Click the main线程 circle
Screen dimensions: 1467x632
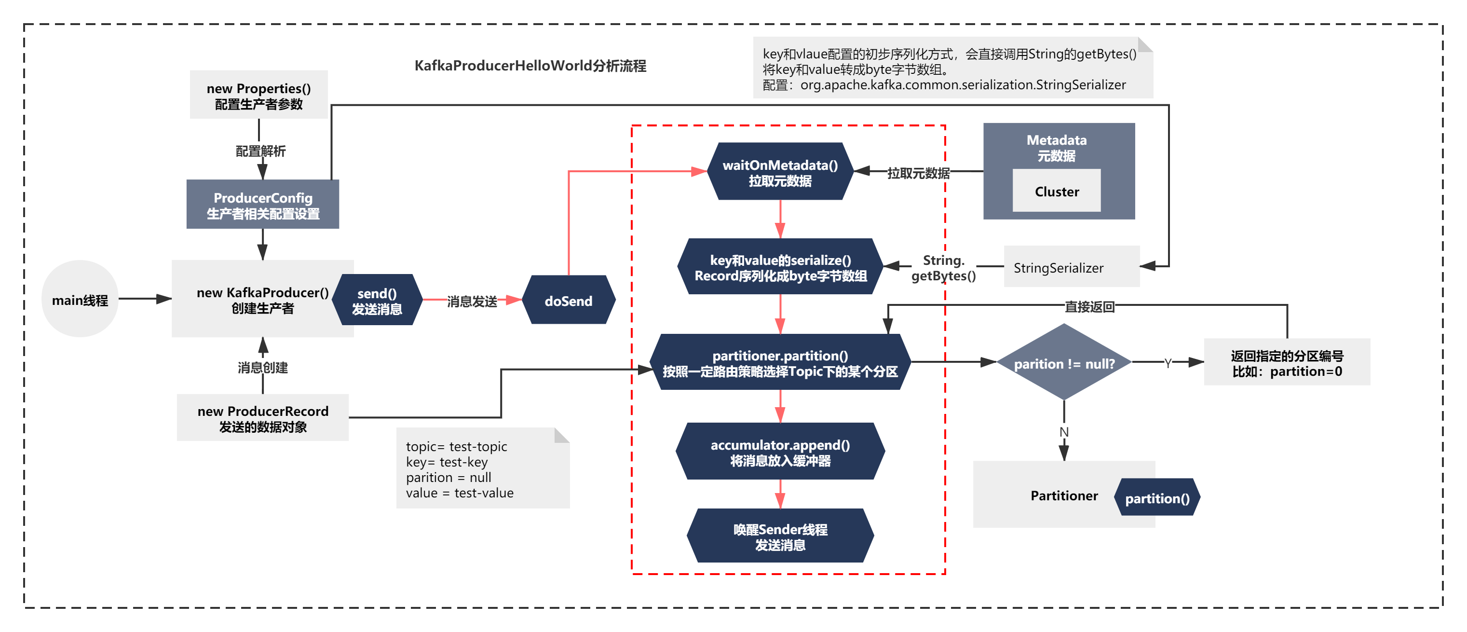pyautogui.click(x=80, y=299)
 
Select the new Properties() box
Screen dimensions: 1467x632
pyautogui.click(x=258, y=95)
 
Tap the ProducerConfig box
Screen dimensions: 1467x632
pyautogui.click(x=262, y=205)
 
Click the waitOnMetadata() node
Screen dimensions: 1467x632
pyautogui.click(x=780, y=172)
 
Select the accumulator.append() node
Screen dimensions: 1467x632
pyautogui.click(x=780, y=452)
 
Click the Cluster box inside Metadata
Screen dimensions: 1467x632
pyautogui.click(x=1057, y=191)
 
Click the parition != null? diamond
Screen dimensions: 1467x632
pyautogui.click(x=1064, y=362)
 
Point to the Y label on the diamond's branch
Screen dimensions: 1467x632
pyautogui.click(x=1168, y=363)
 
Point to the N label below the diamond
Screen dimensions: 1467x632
pyautogui.click(x=1064, y=432)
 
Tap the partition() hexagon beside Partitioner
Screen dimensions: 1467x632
pyautogui.click(x=1157, y=497)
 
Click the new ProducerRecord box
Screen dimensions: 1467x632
pyautogui.click(x=262, y=418)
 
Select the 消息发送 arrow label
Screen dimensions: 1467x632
pyautogui.click(x=472, y=301)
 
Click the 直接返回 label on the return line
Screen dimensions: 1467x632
pyautogui.click(x=1089, y=307)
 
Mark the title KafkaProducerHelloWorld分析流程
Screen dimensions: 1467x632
pyautogui.click(x=530, y=66)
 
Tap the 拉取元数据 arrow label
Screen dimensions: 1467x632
pyautogui.click(x=918, y=173)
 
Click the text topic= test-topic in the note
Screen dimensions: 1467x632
pyautogui.click(x=456, y=446)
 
